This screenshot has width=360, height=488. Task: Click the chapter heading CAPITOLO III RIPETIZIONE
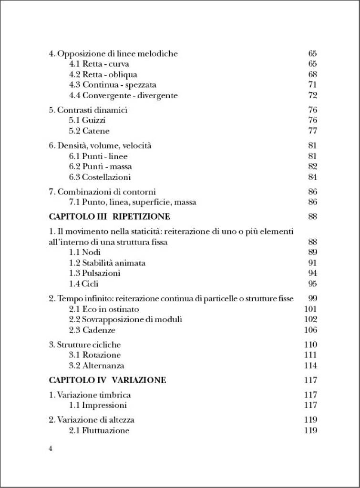click(x=109, y=216)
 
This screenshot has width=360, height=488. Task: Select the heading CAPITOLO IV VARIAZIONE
click(x=107, y=380)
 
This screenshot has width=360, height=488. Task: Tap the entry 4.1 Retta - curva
click(x=99, y=64)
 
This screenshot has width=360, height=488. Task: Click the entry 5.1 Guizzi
click(x=87, y=121)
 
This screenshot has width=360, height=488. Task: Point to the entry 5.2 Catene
click(x=89, y=131)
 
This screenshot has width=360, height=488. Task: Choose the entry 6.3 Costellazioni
click(x=100, y=177)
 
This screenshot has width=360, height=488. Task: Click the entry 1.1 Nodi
click(x=85, y=252)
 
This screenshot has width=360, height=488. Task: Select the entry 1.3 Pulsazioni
click(x=94, y=273)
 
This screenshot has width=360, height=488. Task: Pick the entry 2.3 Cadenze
click(x=92, y=330)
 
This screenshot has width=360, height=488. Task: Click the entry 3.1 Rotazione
click(x=95, y=355)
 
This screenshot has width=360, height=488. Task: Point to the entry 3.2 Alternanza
click(x=96, y=366)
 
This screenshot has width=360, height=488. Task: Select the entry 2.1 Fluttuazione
click(x=99, y=430)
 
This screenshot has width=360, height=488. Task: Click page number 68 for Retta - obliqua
click(x=312, y=74)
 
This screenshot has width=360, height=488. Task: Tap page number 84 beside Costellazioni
click(x=312, y=177)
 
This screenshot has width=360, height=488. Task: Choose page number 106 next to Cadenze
click(x=310, y=330)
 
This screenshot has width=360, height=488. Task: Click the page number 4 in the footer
click(x=51, y=449)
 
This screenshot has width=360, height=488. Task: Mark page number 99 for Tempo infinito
click(x=312, y=298)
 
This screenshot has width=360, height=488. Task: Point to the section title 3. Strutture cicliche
click(x=85, y=345)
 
